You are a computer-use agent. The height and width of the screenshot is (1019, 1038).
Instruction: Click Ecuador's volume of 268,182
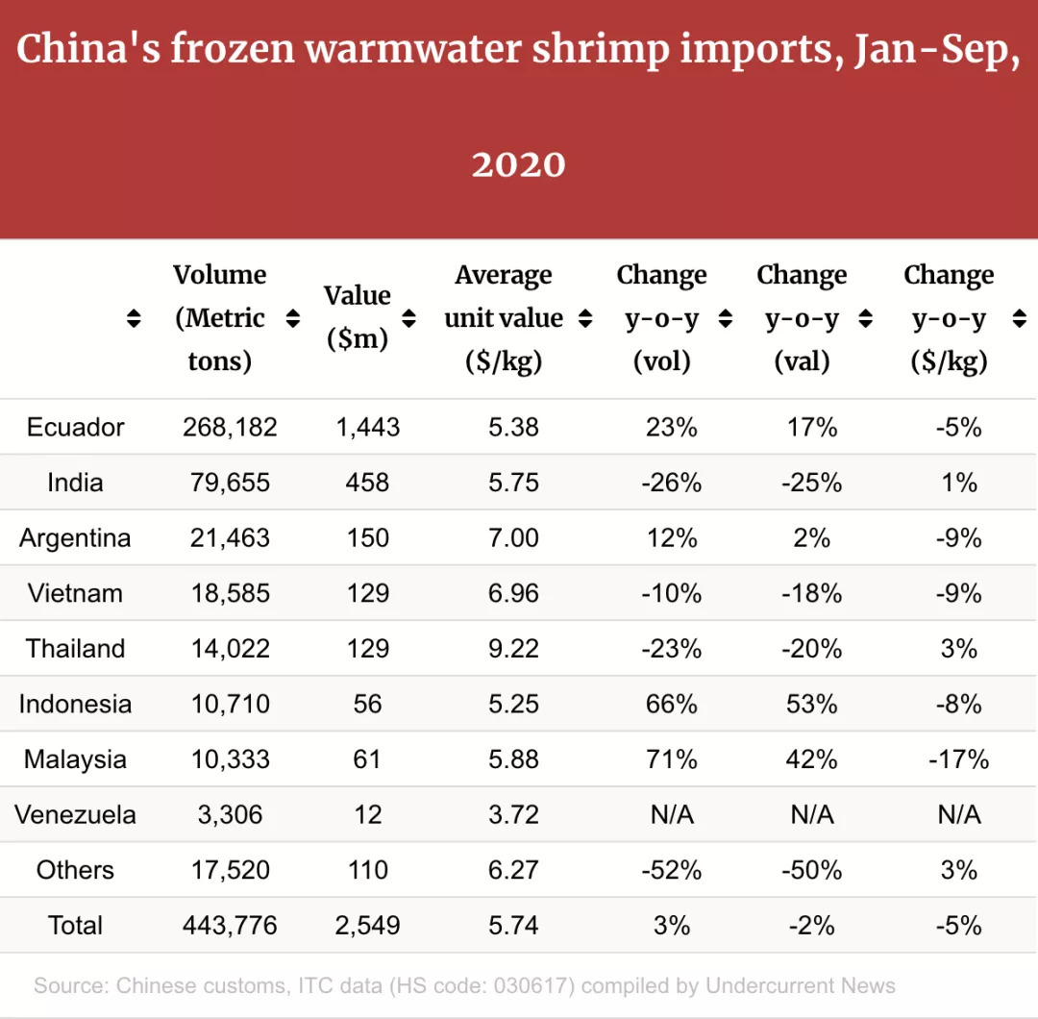(230, 427)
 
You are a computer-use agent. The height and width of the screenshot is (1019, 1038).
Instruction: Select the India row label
(75, 482)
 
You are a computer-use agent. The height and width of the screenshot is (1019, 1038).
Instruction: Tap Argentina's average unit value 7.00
(513, 537)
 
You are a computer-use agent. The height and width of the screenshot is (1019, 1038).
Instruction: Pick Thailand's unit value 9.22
(513, 648)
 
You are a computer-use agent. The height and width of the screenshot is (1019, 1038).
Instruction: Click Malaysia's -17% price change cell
(958, 759)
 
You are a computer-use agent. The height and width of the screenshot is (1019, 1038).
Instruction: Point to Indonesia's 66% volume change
(672, 704)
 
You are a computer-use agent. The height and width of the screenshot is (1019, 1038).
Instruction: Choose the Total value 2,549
(367, 926)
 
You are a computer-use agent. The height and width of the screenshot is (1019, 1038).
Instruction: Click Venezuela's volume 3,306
(230, 815)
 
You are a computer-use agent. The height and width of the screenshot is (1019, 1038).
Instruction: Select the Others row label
(75, 870)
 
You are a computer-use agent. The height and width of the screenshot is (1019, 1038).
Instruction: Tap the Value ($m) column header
(357, 317)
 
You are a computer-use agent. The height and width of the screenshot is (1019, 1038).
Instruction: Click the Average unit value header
(504, 317)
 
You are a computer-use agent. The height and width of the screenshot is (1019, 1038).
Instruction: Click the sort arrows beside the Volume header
(293, 318)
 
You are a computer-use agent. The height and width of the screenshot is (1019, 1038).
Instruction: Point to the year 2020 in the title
(518, 164)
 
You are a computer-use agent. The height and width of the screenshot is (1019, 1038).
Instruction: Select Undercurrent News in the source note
(801, 985)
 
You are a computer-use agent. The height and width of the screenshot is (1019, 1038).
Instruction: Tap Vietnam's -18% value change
(812, 593)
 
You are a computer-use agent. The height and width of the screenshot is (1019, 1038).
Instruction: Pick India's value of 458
(367, 482)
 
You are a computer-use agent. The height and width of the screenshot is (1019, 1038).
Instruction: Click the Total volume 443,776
(230, 926)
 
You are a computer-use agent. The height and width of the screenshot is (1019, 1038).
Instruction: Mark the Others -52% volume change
(672, 870)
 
